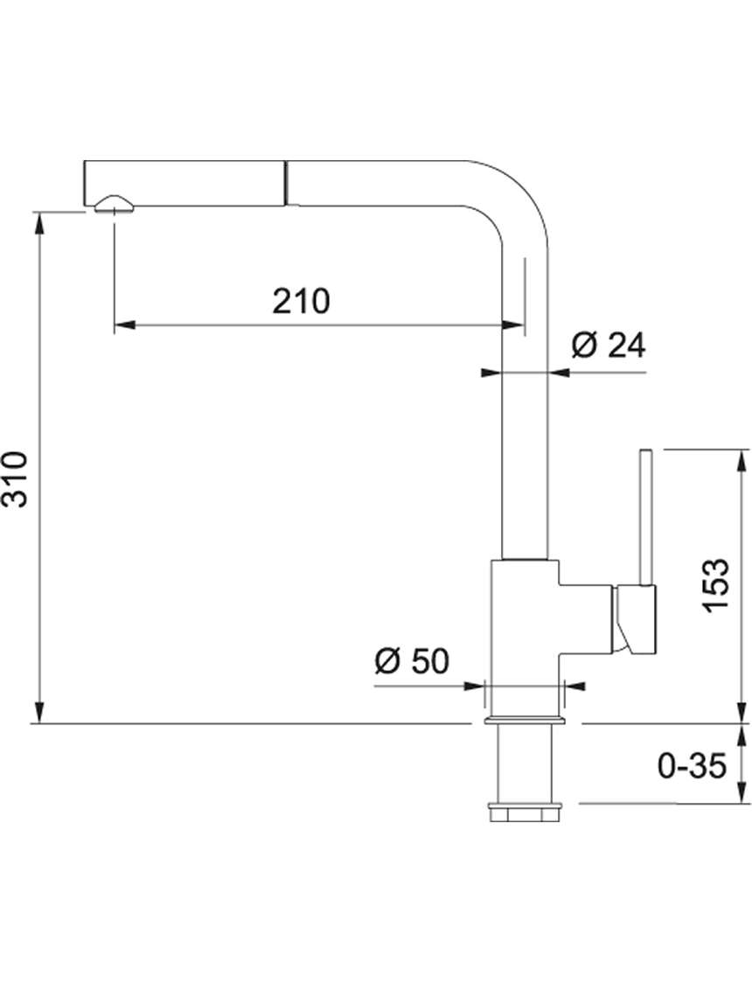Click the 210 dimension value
point(301,301)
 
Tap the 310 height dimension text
point(15,478)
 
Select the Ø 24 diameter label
point(608,345)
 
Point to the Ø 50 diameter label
point(412,661)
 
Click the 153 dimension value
point(715,585)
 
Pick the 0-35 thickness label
point(692,765)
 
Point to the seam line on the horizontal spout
point(287,183)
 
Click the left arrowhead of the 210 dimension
point(124,325)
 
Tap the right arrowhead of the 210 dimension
point(513,325)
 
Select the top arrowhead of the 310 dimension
point(39,223)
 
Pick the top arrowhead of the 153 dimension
point(743,460)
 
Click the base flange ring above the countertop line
point(526,720)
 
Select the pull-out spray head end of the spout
point(185,183)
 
